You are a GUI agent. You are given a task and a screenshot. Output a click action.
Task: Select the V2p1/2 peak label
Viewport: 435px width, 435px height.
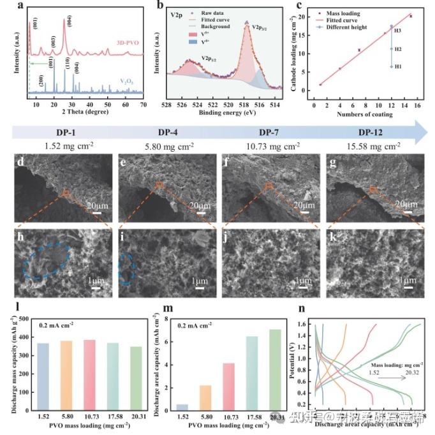[x=212, y=58]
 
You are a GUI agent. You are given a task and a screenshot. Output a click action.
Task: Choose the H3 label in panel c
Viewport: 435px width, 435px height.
[x=397, y=30]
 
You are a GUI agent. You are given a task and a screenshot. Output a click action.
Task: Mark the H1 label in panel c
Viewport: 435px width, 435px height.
[x=397, y=66]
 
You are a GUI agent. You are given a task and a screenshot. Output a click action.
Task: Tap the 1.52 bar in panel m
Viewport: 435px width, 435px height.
[x=182, y=406]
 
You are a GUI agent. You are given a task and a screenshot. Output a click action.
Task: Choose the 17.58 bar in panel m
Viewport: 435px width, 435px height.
[x=251, y=372]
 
